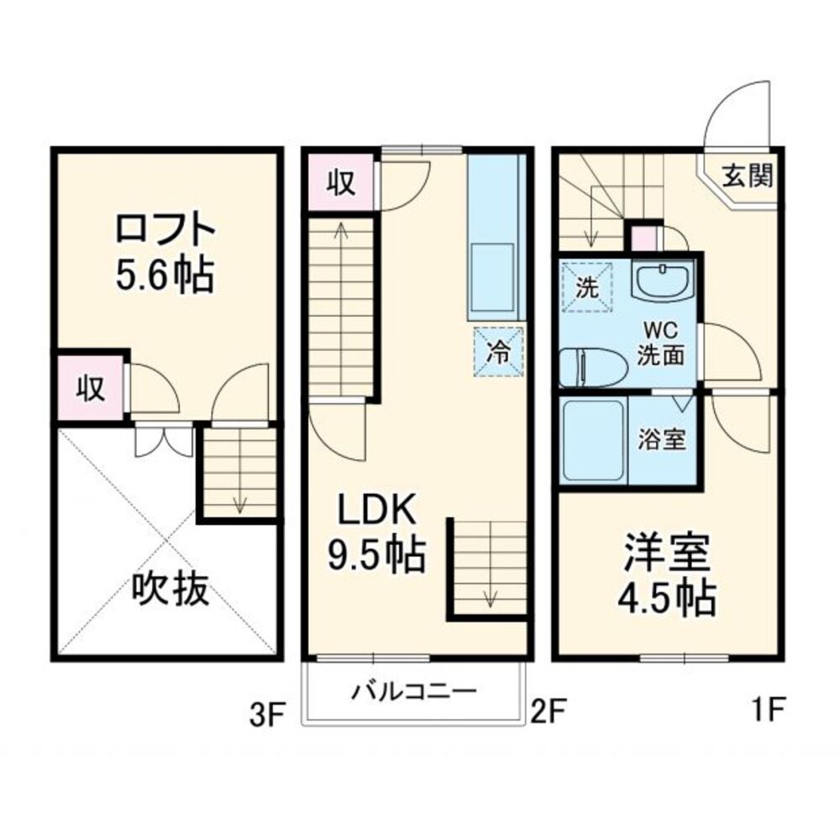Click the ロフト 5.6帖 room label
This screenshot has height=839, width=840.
165,252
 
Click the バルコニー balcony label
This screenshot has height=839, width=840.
414,693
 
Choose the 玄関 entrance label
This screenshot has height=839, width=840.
747,177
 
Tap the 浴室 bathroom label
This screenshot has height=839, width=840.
662,439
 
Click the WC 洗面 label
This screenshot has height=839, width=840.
661,343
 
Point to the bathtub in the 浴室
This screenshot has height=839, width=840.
594,440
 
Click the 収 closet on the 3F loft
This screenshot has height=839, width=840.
91,387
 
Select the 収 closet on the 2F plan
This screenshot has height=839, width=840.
339,181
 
